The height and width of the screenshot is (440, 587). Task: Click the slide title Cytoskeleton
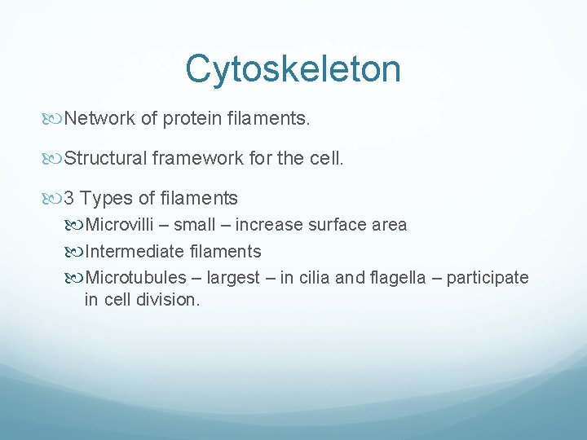coord(293,69)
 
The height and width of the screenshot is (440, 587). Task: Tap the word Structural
coord(105,158)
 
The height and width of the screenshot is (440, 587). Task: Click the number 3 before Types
coord(69,198)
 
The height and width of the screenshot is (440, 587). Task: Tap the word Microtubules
coord(131,278)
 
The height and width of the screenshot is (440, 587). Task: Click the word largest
coord(235,278)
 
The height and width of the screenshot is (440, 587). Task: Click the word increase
coord(266,224)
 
